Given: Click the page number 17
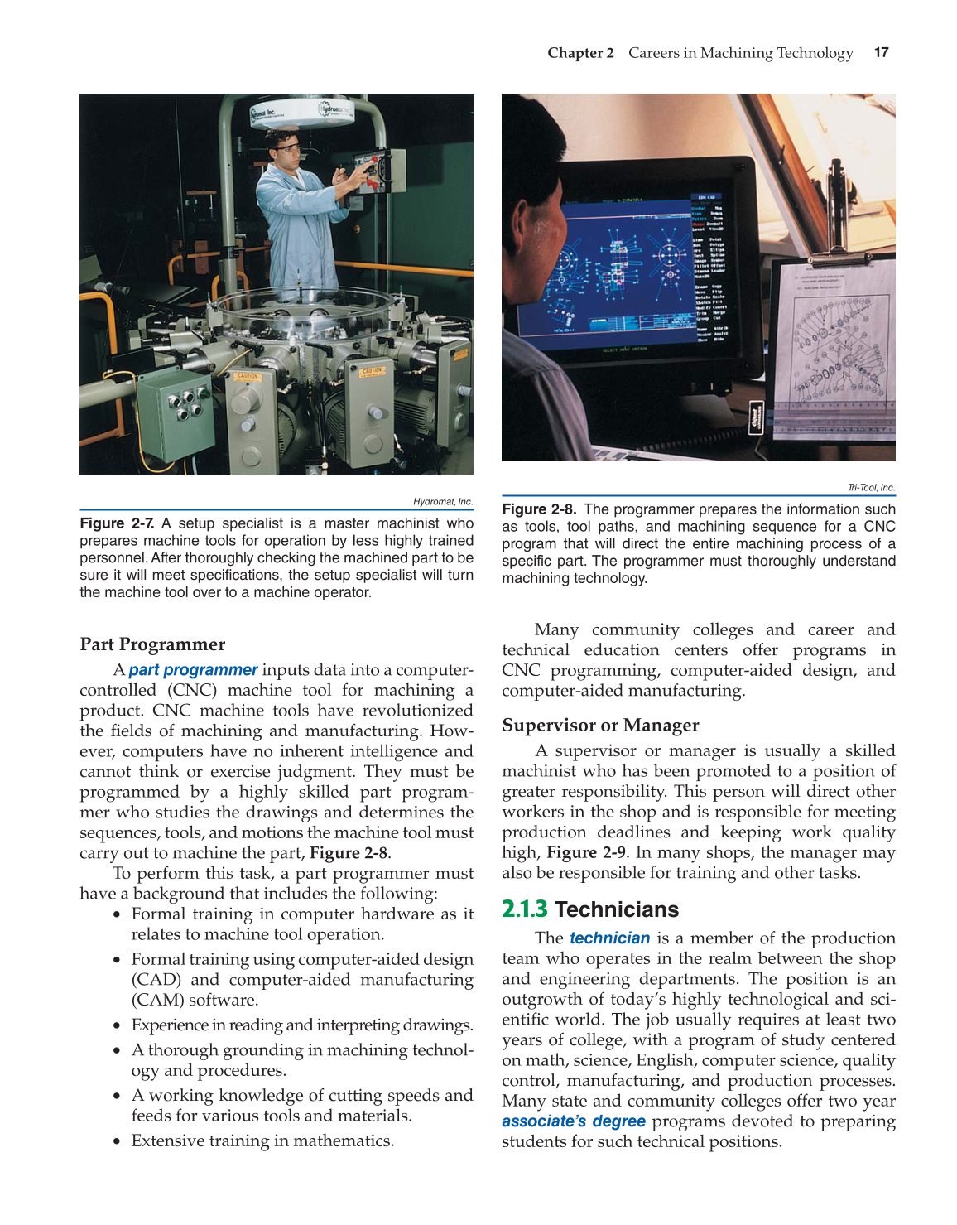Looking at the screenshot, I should pos(881,52).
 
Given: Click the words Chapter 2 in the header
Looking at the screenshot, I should pos(580,53).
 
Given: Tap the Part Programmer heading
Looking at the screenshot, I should pos(152,644).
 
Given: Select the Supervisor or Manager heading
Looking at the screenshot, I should pos(600,726).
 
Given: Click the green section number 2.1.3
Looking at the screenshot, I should pos(524,909).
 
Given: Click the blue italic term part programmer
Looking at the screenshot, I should pos(193,670).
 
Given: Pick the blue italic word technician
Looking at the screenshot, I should pos(609,938).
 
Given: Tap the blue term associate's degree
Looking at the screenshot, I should pos(573,1121).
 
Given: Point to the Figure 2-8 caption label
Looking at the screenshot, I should pos(539,509).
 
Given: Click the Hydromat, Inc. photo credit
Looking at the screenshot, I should pos(443,502).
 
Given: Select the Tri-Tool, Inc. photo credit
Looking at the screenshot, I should pos(871,488).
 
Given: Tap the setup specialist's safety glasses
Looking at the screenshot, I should pos(287,148).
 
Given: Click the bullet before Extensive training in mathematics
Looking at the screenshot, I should pos(118,1141).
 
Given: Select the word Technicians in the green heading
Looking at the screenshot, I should pos(617,909).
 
